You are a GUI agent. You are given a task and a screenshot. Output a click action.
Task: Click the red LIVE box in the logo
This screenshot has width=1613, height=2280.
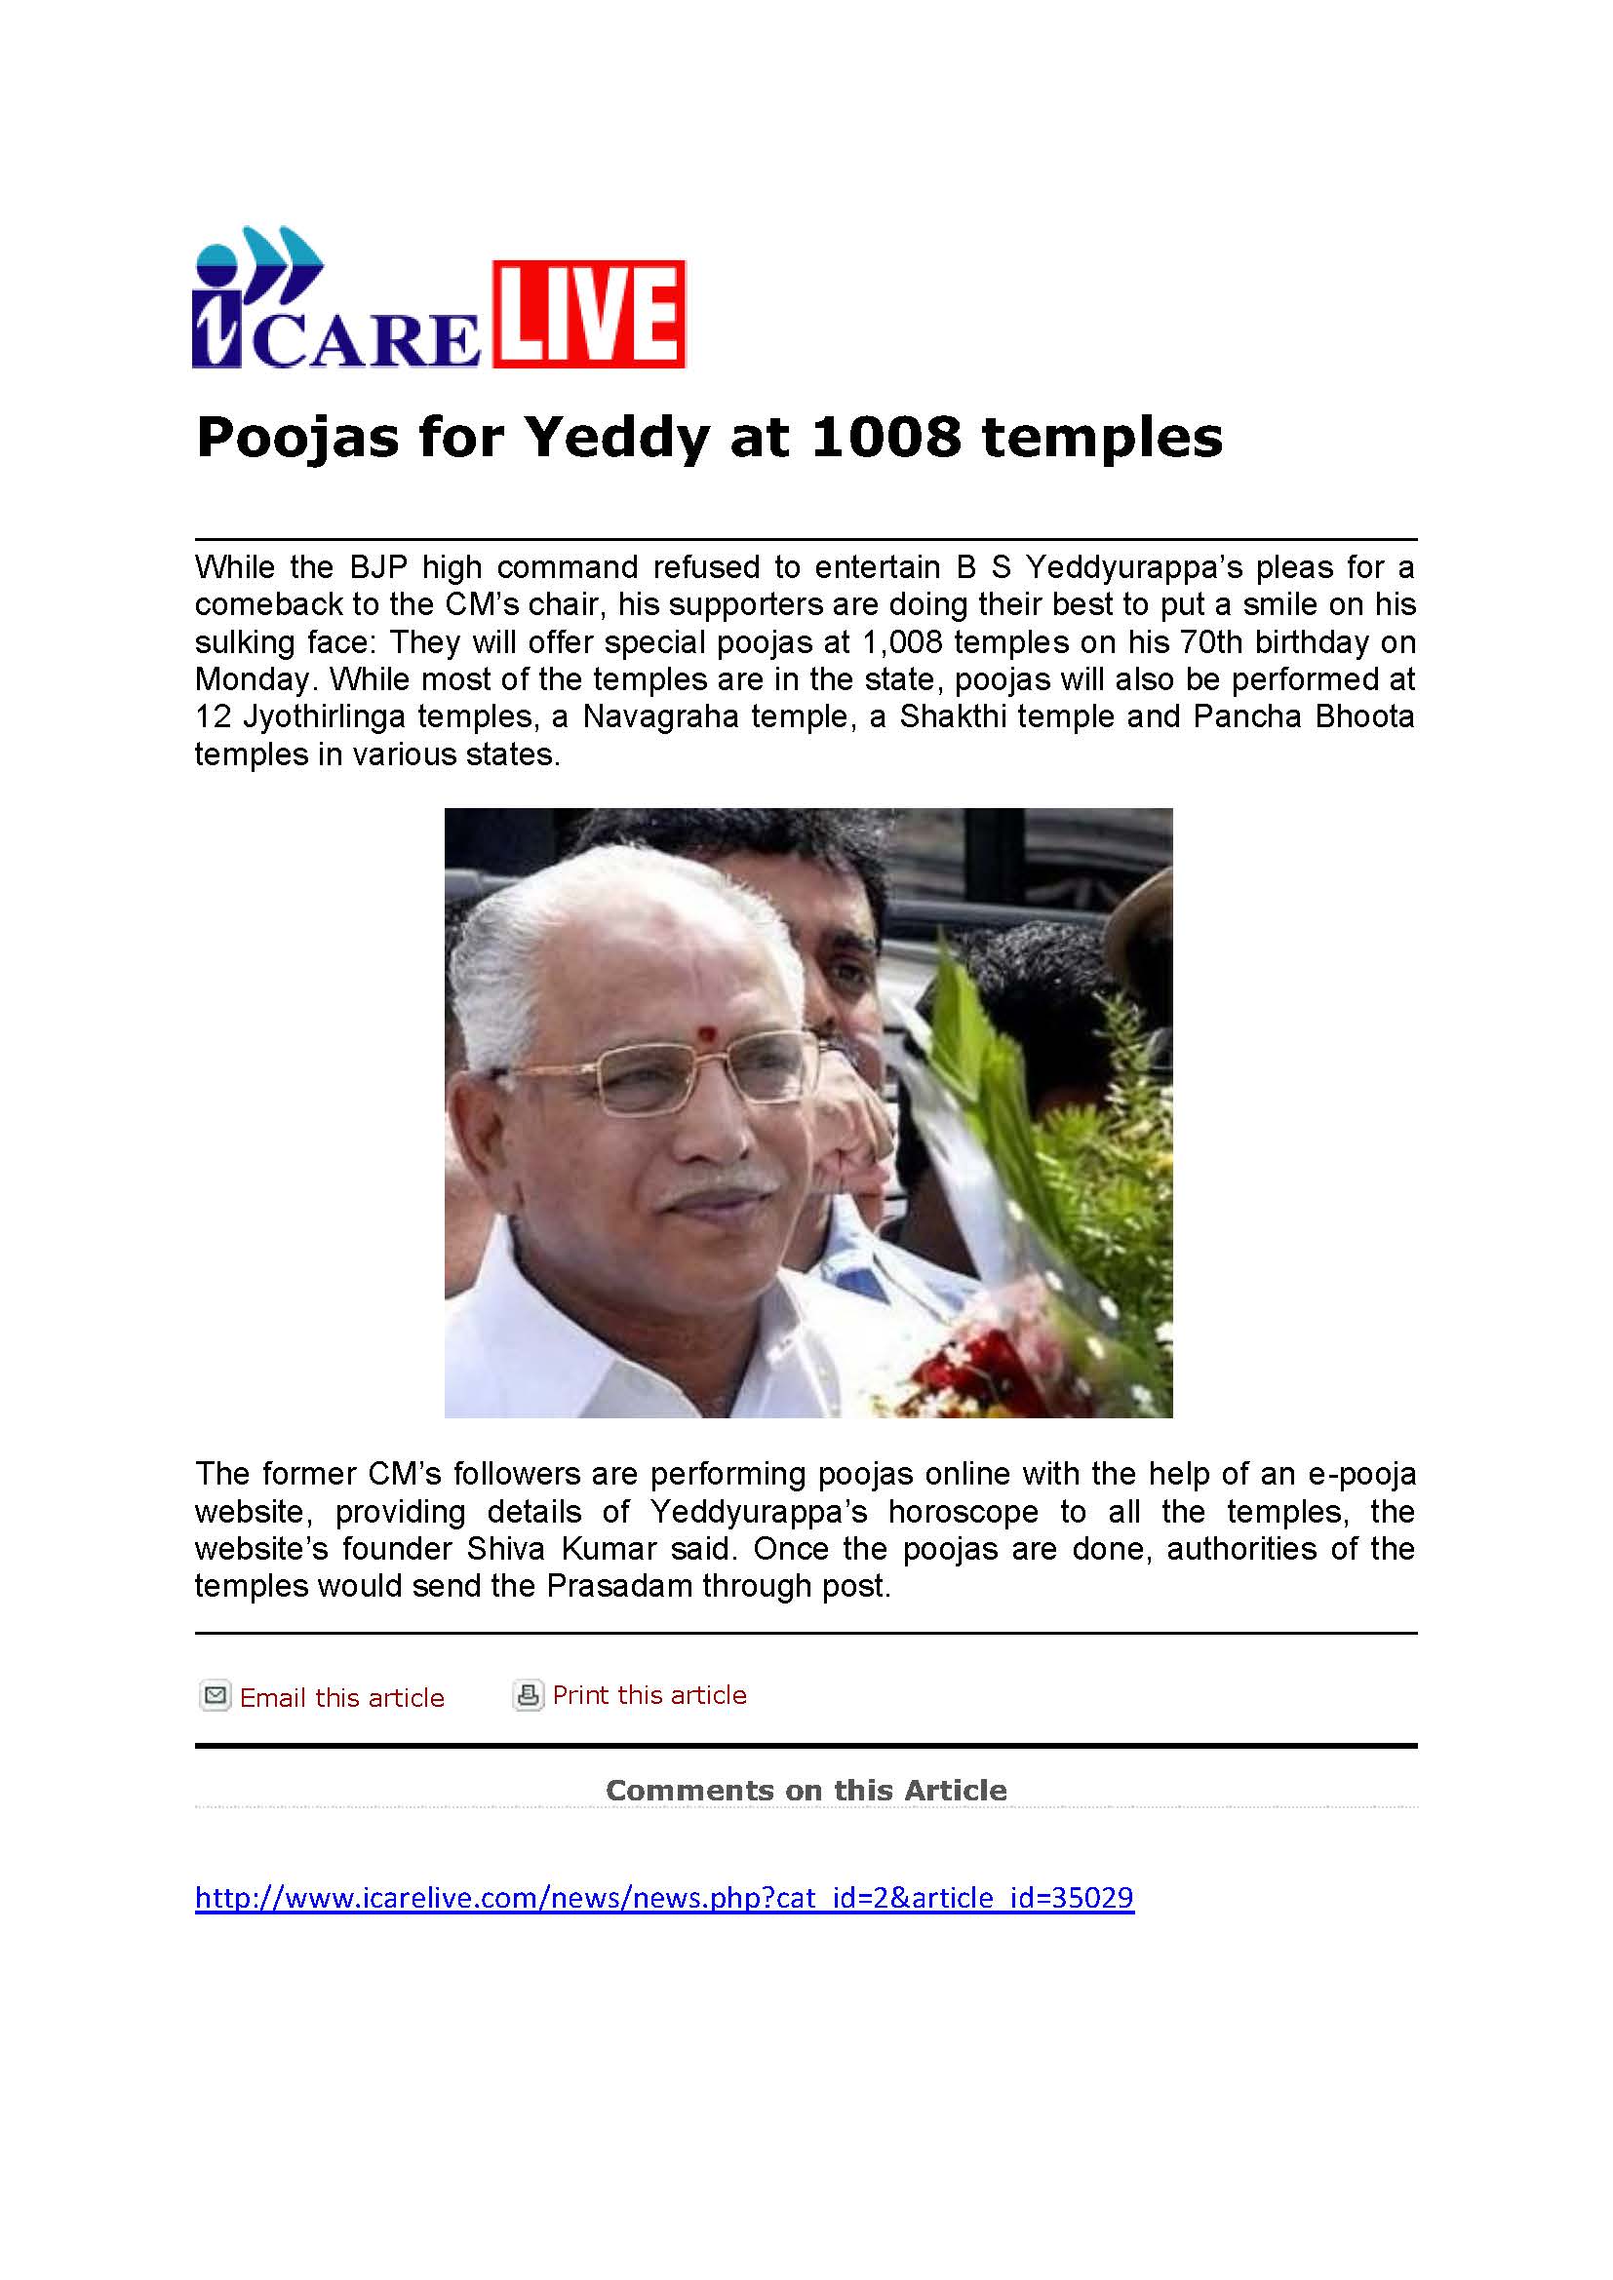[x=588, y=314]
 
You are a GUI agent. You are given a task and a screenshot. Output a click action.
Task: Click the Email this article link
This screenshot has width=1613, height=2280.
[x=341, y=1698]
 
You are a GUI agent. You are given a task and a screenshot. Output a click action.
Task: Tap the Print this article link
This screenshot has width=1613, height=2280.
[x=649, y=1695]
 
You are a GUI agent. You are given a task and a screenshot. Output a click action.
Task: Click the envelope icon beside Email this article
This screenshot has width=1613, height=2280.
[x=215, y=1695]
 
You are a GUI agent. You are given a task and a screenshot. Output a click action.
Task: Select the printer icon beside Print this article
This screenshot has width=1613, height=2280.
[x=528, y=1694]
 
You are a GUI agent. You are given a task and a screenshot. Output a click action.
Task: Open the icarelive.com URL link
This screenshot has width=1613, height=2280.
[x=663, y=1898]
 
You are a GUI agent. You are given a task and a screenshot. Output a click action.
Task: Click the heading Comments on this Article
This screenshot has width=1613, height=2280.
[x=806, y=1791]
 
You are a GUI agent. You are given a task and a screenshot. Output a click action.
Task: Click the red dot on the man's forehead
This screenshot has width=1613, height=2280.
[x=706, y=1033]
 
